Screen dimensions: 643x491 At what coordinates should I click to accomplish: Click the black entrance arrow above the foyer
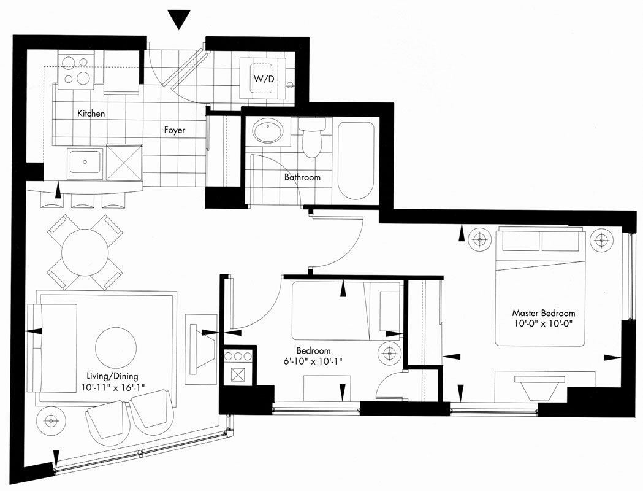pyautogui.click(x=179, y=19)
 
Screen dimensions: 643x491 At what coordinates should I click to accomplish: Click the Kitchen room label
pyautogui.click(x=91, y=114)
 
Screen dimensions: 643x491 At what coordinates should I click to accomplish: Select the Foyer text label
pyautogui.click(x=175, y=130)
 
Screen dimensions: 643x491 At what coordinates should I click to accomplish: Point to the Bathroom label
pyautogui.click(x=302, y=177)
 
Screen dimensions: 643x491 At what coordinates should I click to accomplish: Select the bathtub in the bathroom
pyautogui.click(x=356, y=161)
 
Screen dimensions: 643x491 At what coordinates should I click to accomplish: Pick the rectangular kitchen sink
pyautogui.click(x=85, y=162)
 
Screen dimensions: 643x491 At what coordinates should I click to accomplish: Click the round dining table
pyautogui.click(x=85, y=252)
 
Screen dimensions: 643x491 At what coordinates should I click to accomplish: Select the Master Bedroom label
pyautogui.click(x=544, y=313)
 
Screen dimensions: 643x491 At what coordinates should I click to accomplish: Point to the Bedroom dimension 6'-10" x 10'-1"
pyautogui.click(x=313, y=361)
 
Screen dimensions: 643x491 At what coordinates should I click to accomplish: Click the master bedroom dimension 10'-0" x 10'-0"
pyautogui.click(x=544, y=323)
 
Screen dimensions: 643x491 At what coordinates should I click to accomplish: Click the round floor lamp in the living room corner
pyautogui.click(x=51, y=420)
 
